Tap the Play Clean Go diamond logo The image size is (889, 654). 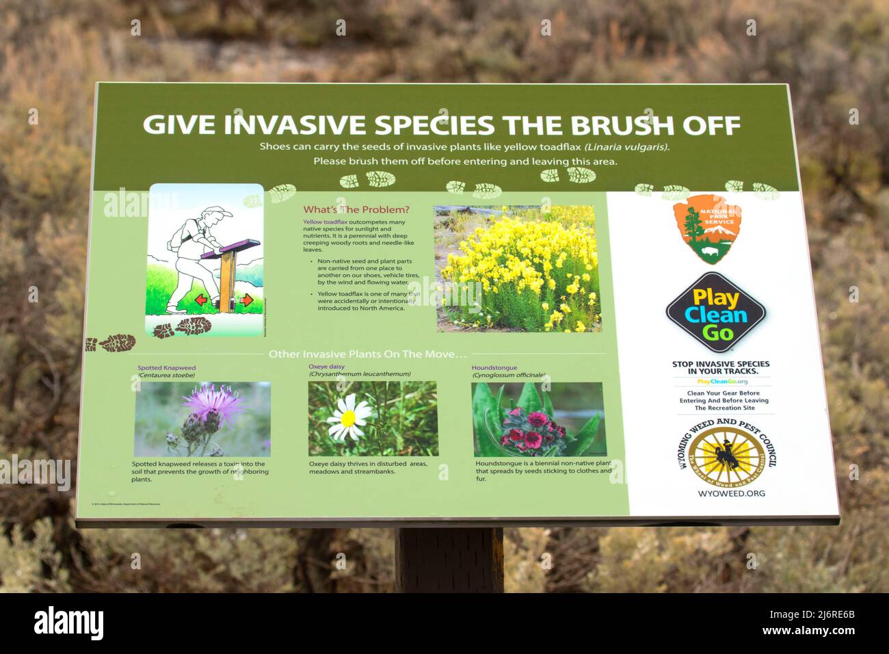coord(715,313)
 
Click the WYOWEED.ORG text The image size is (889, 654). coord(731,493)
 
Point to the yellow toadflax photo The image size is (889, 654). coord(517,269)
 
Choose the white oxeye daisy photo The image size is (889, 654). coord(373,419)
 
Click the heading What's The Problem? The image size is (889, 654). coord(356,210)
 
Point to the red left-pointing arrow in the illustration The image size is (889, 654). coord(202,299)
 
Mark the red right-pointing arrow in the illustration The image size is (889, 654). coord(246,300)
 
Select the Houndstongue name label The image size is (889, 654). coord(494,368)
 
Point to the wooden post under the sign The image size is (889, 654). coord(449,560)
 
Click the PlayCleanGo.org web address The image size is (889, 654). coord(722,382)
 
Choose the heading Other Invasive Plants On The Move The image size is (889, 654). coord(367,354)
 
